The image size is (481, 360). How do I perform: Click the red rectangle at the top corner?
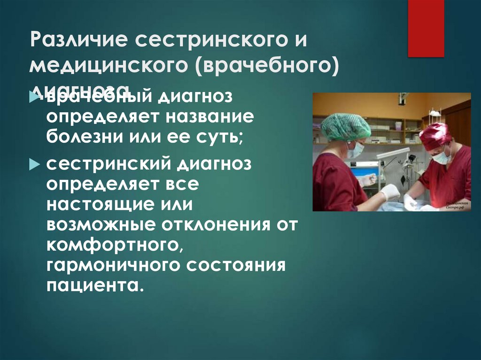click(x=426, y=28)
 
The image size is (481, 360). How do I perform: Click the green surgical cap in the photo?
click(x=346, y=126)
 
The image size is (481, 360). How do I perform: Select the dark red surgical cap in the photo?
click(x=434, y=135)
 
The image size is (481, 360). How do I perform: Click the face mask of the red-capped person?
click(x=441, y=157)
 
